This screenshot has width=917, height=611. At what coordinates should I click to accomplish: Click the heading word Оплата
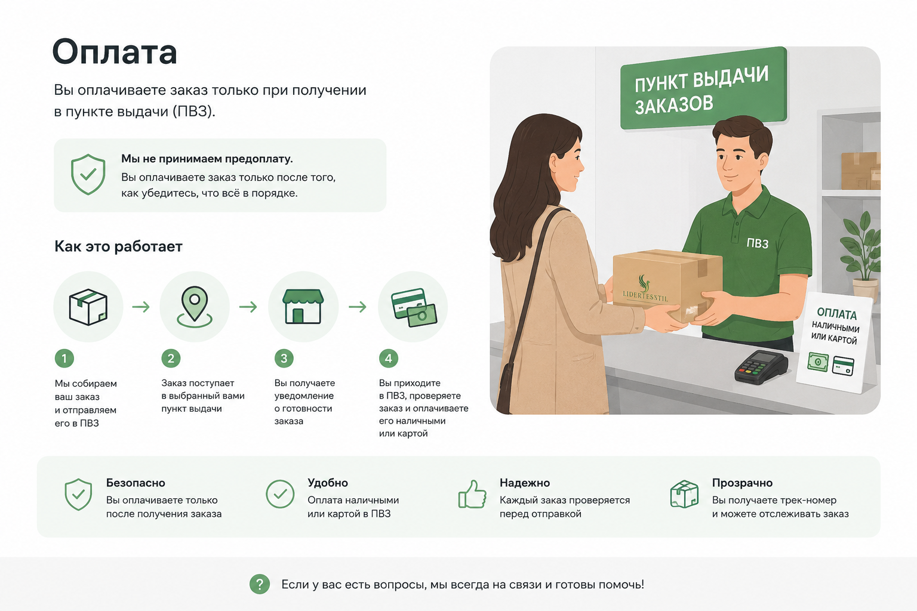click(x=115, y=52)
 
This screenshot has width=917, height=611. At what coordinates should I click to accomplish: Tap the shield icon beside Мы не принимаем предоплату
click(x=88, y=174)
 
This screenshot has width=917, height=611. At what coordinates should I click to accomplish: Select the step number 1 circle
click(x=64, y=359)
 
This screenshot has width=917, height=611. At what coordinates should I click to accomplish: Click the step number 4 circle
click(x=389, y=359)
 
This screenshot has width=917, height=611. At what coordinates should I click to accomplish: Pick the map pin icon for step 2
click(x=195, y=307)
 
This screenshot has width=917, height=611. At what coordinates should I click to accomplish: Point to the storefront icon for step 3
click(x=303, y=307)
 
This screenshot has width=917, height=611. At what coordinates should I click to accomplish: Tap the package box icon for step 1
click(x=88, y=307)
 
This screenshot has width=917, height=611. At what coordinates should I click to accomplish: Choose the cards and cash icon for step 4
click(x=414, y=307)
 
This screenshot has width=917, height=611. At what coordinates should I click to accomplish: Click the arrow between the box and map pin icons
click(x=141, y=307)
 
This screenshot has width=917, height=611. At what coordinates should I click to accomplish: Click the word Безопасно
click(x=136, y=483)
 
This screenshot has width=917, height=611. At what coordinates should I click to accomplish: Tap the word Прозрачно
click(x=742, y=483)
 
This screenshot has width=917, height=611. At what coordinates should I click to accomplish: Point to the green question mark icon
click(x=260, y=584)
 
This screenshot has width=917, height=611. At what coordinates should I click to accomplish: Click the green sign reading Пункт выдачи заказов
click(x=703, y=88)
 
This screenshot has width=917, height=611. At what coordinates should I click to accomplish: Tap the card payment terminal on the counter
click(x=761, y=367)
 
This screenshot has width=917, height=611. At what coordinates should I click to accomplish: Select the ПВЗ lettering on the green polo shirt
click(x=758, y=243)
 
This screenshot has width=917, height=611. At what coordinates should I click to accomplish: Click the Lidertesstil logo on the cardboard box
click(x=645, y=289)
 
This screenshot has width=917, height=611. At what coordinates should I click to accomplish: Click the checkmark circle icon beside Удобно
click(x=280, y=494)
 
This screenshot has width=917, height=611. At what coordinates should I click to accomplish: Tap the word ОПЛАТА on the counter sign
click(x=837, y=314)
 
